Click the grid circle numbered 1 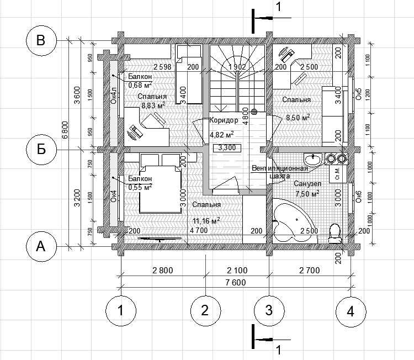tap(120, 311)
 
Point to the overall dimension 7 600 tap(236, 282)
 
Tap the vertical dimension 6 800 tap(66, 130)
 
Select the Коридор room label tap(224, 120)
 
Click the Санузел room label tap(307, 183)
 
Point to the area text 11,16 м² tap(206, 220)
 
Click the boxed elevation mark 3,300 tap(227, 147)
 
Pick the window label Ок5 tap(358, 94)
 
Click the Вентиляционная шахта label tap(279, 172)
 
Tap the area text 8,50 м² tap(297, 117)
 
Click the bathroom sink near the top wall tap(314, 160)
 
